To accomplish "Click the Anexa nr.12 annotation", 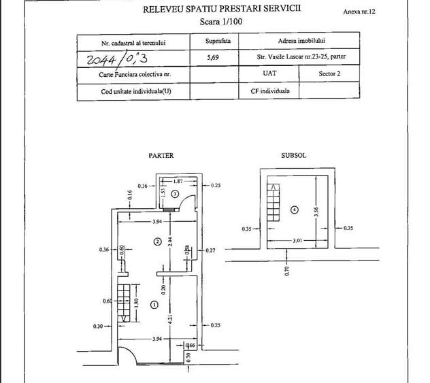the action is pyautogui.click(x=359, y=12).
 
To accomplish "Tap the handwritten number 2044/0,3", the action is pyautogui.click(x=117, y=59).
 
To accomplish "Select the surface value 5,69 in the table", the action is pyautogui.click(x=213, y=58).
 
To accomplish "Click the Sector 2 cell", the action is pyautogui.click(x=329, y=73).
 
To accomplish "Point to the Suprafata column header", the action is pyautogui.click(x=218, y=41).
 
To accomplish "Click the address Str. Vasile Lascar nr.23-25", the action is pyautogui.click(x=293, y=56).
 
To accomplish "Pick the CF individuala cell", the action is pyautogui.click(x=270, y=91).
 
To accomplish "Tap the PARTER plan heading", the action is pyautogui.click(x=161, y=156).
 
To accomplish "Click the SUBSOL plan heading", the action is pyautogui.click(x=294, y=156).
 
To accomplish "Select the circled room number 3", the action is pyautogui.click(x=175, y=194).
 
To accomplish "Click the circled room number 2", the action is pyautogui.click(x=157, y=242).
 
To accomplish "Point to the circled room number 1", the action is pyautogui.click(x=154, y=305).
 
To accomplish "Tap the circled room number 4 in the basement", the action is pyautogui.click(x=295, y=210).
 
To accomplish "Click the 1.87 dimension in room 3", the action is pyautogui.click(x=178, y=181).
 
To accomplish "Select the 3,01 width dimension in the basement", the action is pyautogui.click(x=297, y=241).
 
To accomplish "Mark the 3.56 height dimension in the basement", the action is pyautogui.click(x=316, y=212).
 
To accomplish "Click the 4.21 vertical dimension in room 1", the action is pyautogui.click(x=170, y=319).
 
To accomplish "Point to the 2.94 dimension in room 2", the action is pyautogui.click(x=170, y=242).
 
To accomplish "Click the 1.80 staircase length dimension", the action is pyautogui.click(x=137, y=303).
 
